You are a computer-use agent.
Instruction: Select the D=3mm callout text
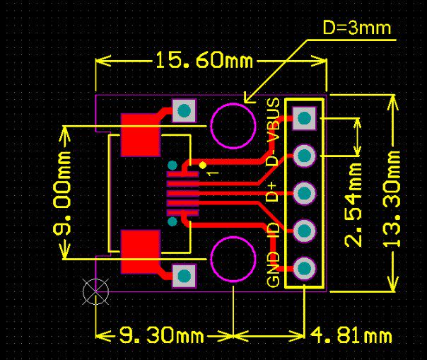point(356,29)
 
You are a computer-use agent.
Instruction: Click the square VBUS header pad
point(304,117)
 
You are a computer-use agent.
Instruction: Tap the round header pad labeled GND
point(304,268)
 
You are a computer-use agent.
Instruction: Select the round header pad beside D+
point(304,192)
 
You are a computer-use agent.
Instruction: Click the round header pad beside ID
point(304,231)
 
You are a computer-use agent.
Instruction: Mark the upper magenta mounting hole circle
point(233,124)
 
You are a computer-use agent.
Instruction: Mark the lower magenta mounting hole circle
point(233,259)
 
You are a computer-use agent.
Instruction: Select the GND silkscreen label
point(274,269)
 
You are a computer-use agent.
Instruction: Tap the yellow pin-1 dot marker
point(203,165)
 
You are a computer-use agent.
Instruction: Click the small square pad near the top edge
point(184,110)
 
